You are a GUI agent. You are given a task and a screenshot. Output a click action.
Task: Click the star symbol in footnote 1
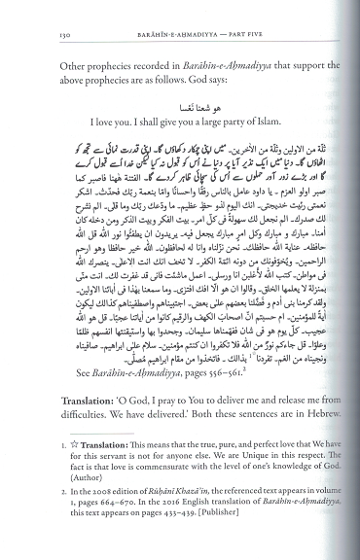tap(63, 463)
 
